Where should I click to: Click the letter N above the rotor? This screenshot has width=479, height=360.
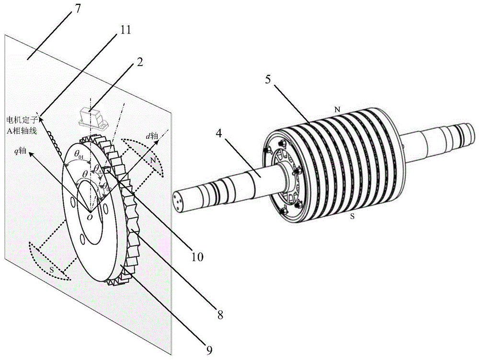coord(337,110)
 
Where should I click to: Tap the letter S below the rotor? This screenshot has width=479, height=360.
coord(352,217)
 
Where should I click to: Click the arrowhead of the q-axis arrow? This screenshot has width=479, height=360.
coord(31,155)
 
